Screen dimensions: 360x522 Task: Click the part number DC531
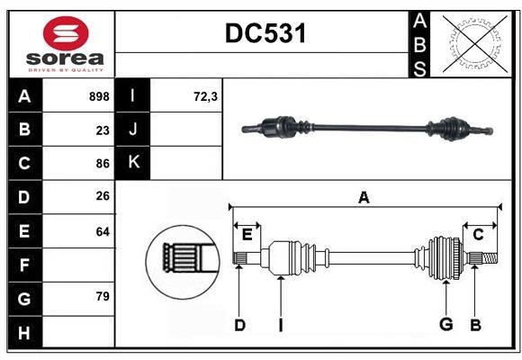pos(265,34)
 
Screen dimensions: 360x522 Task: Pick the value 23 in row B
pos(102,130)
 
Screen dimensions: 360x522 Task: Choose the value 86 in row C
pos(102,164)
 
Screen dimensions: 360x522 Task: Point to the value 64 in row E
pos(102,231)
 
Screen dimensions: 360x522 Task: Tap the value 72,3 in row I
pos(205,96)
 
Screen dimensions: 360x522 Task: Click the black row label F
pos(24,265)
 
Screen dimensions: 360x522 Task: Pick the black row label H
pos(24,333)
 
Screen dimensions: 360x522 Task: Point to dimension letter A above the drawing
pos(364,198)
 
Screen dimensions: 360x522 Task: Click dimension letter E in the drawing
pos(247,235)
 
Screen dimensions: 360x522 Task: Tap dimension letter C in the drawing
pos(478,235)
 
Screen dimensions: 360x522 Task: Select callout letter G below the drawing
pos(445,325)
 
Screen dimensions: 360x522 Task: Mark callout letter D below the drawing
pos(239,325)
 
